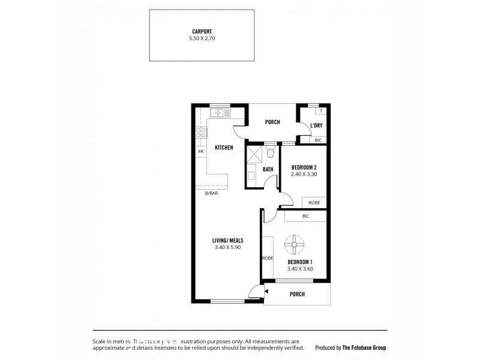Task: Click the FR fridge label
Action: tap(200, 152)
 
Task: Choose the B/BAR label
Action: tap(211, 193)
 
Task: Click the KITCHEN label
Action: tap(224, 148)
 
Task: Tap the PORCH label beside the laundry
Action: tap(272, 122)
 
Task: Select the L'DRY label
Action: tap(317, 125)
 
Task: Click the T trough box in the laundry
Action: tap(321, 111)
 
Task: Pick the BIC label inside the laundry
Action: tap(318, 140)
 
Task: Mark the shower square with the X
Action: tap(254, 155)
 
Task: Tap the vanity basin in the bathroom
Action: tap(251, 176)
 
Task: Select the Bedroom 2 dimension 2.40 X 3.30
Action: tap(304, 175)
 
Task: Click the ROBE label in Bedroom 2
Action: tap(314, 203)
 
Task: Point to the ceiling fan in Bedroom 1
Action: tap(294, 245)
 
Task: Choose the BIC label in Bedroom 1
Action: tap(305, 216)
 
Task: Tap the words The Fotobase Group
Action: tap(364, 347)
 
